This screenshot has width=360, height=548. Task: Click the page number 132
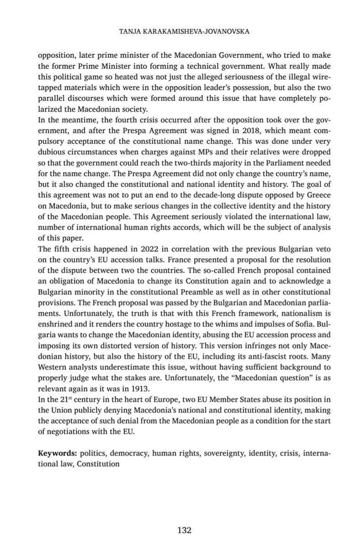pyautogui.click(x=184, y=530)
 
